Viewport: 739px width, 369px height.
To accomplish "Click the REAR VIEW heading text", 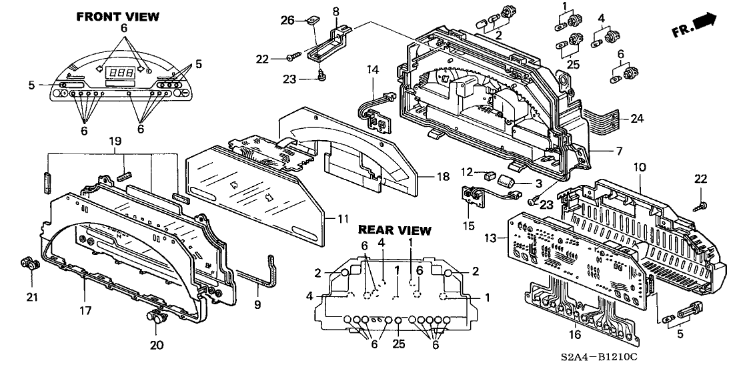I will (x=395, y=230).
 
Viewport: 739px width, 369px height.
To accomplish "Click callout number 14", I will (x=372, y=69).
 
